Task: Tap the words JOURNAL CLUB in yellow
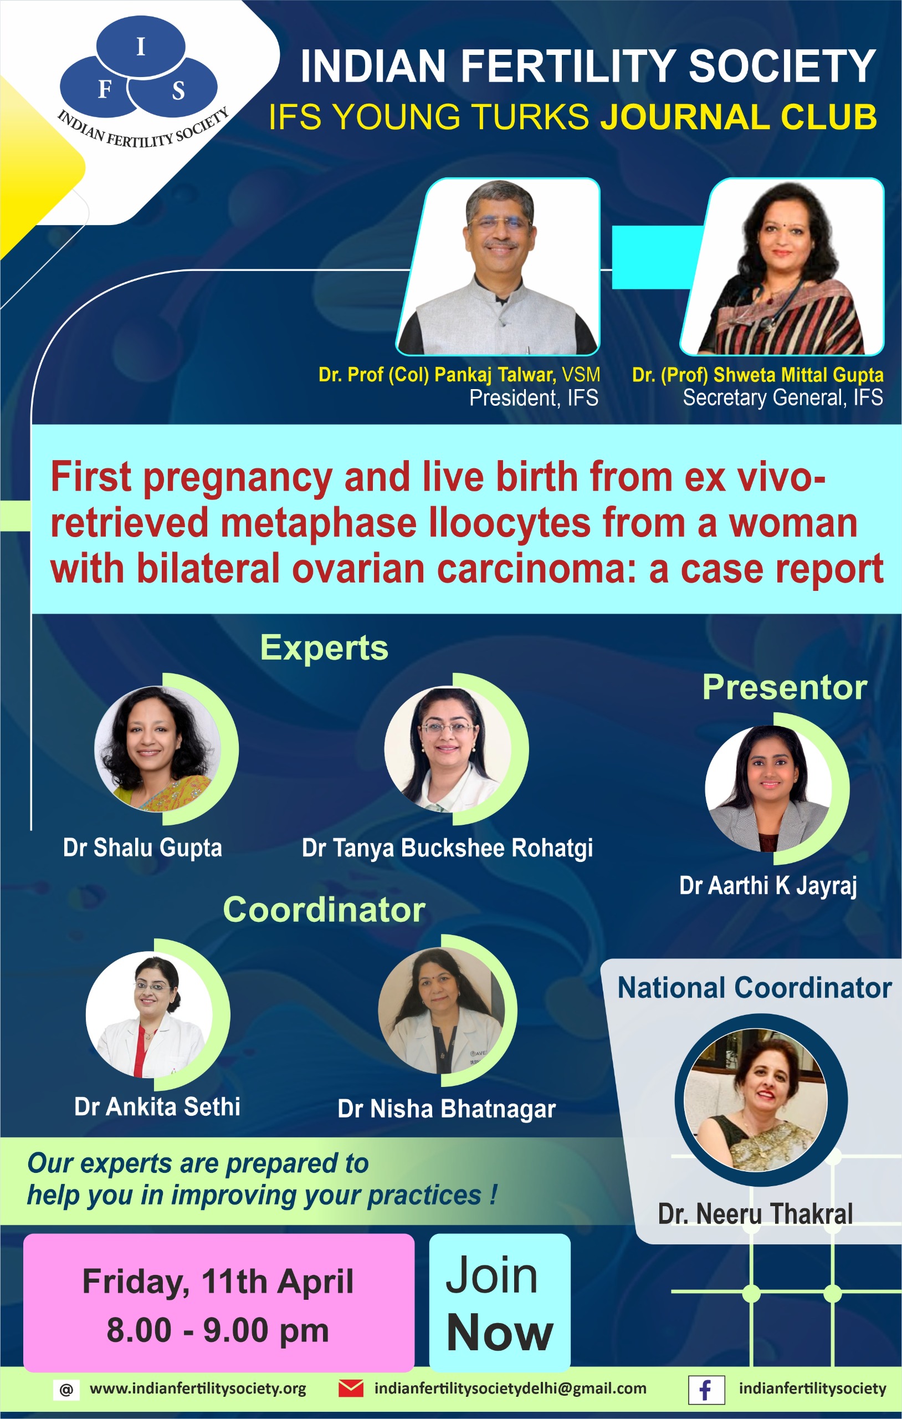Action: click(x=738, y=116)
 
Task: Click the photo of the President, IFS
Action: click(x=499, y=267)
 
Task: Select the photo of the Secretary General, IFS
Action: click(x=782, y=267)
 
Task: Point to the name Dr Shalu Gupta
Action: click(x=142, y=848)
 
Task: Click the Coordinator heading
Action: click(x=324, y=909)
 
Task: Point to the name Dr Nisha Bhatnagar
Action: click(x=447, y=1109)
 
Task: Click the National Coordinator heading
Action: click(x=754, y=987)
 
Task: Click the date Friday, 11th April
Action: click(x=218, y=1282)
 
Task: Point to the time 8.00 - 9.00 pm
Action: click(x=218, y=1330)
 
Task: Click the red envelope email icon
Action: click(x=351, y=1389)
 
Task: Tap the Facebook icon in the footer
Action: click(x=706, y=1390)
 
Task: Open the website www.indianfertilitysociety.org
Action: click(x=198, y=1389)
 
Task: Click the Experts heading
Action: click(x=324, y=648)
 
